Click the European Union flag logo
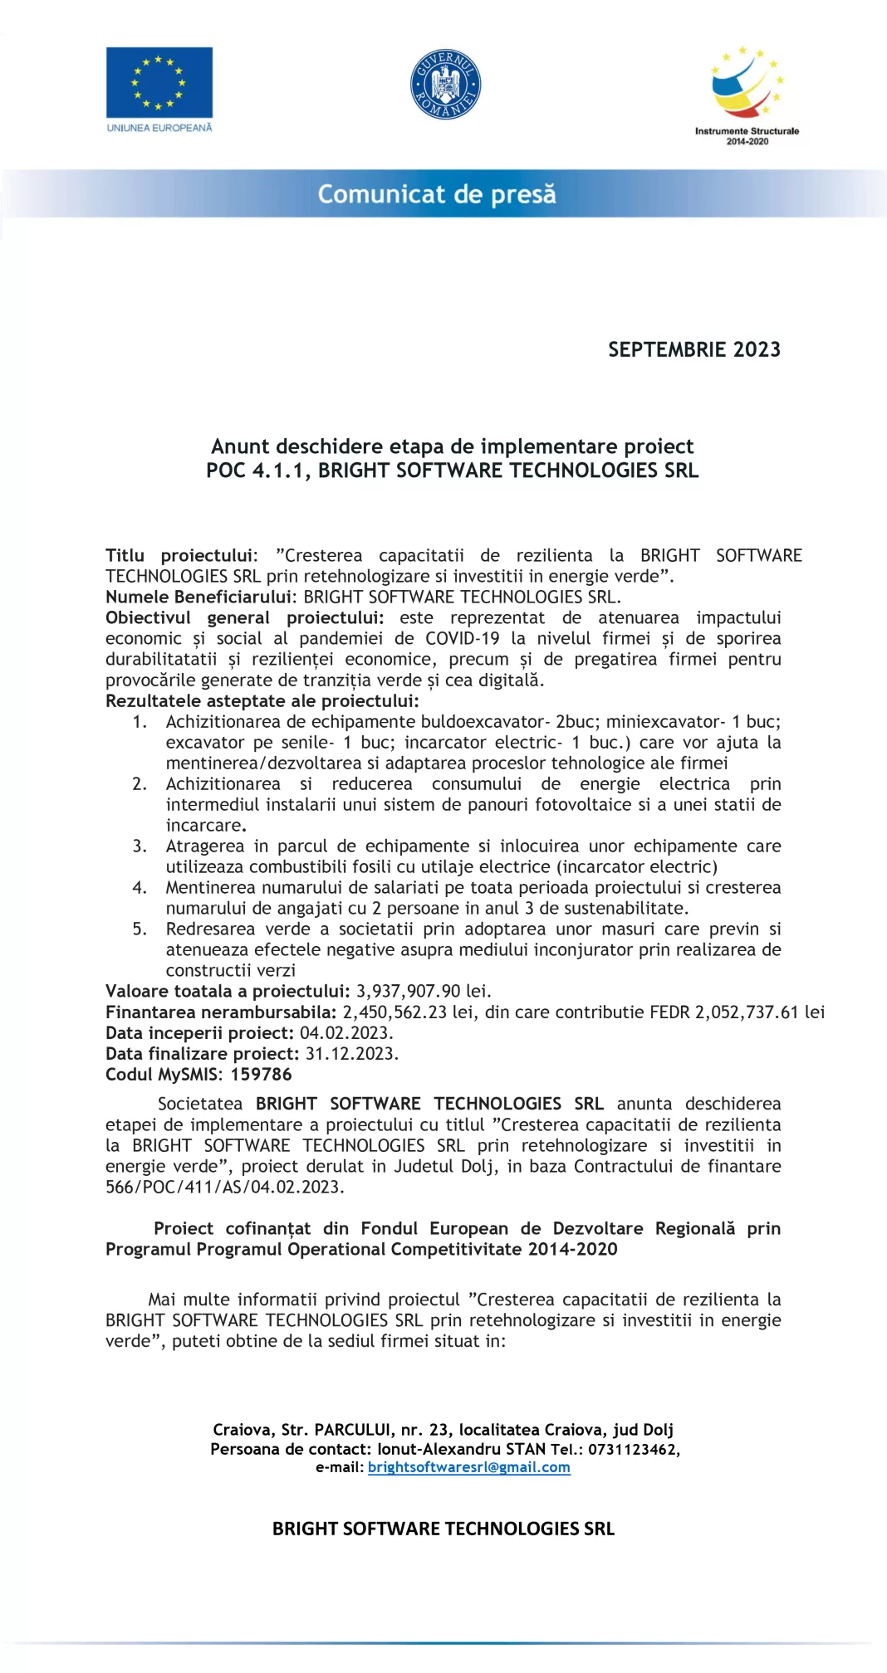tap(159, 82)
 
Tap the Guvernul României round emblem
tap(446, 84)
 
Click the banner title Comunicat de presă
tap(437, 194)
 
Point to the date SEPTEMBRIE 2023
tap(694, 349)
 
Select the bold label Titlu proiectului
tap(180, 555)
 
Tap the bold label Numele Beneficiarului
tap(199, 597)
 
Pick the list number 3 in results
tap(140, 846)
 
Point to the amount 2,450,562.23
tap(394, 1012)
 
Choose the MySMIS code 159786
tap(262, 1074)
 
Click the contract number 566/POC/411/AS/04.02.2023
tap(224, 1187)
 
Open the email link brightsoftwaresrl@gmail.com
tap(469, 1467)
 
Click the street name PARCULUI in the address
tap(353, 1429)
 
